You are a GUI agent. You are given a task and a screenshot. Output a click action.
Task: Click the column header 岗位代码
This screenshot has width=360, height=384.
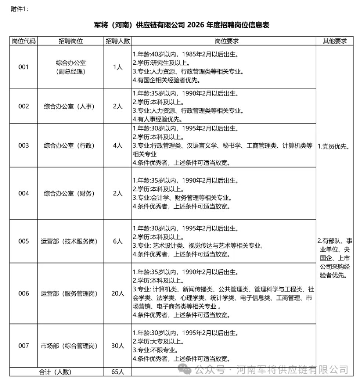pos(24,41)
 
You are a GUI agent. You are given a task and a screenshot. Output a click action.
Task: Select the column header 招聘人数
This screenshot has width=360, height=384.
pos(118,41)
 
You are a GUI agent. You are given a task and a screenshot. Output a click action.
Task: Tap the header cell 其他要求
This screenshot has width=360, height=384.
pos(335,41)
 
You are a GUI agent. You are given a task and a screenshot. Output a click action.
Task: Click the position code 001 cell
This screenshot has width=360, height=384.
pos(24,67)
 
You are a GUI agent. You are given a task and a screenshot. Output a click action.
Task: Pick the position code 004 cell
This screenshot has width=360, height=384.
pos(24,193)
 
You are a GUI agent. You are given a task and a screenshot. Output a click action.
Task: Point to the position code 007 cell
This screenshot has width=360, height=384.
pos(24,346)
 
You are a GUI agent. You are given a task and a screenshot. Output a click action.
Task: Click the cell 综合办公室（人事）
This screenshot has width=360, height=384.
pos(69,107)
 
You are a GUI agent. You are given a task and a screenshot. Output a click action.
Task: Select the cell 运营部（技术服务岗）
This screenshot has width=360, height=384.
pos(69,241)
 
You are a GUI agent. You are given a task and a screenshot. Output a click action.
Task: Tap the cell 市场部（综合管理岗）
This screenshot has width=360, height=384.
pos(69,346)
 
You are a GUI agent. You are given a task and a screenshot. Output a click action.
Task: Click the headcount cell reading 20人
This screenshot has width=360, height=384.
pos(118,294)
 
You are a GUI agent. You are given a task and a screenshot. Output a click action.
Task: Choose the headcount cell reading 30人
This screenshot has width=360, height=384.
pos(118,346)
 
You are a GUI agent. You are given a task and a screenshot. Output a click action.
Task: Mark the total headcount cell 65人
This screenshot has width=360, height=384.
pos(118,372)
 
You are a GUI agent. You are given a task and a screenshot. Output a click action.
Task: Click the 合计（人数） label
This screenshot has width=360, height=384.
pos(55,372)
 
